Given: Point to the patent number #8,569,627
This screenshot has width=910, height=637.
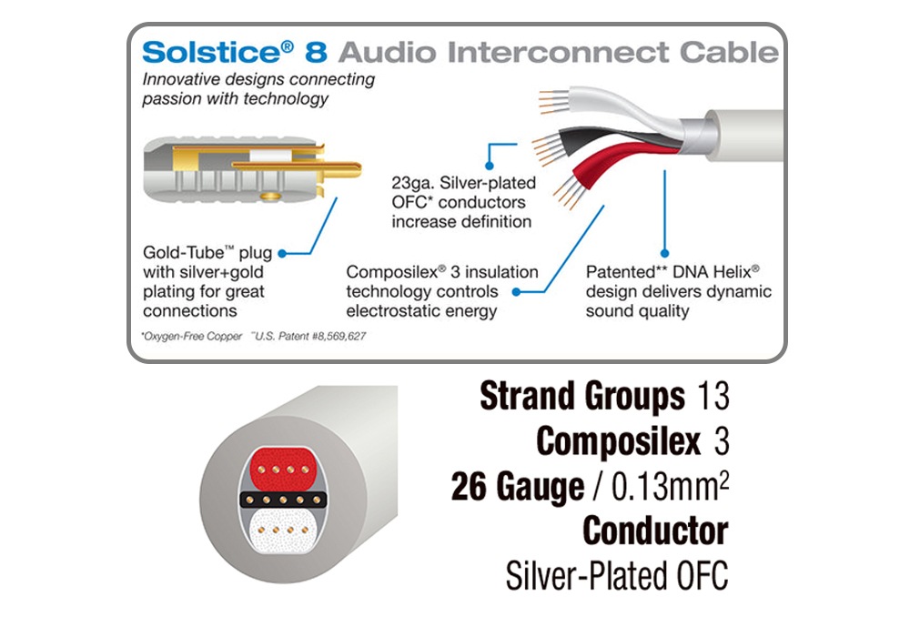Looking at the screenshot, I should click(333, 337).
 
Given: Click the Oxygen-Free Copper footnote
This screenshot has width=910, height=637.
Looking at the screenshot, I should click(193, 337).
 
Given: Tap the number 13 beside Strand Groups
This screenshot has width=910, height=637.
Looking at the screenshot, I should click(712, 397).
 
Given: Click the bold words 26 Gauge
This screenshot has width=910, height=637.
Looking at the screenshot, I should click(517, 488).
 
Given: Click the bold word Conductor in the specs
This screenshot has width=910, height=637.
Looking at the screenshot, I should click(655, 531).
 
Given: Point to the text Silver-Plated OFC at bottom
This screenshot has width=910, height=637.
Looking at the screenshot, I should click(617, 575).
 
